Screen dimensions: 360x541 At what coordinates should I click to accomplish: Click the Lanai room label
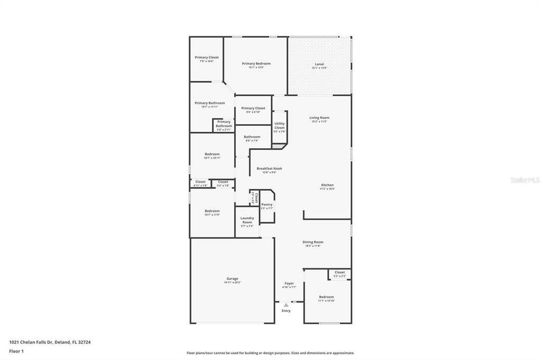click(319, 64)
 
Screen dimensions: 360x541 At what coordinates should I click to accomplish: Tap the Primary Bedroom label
click(256, 64)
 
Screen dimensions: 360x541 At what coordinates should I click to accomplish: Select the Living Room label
click(319, 118)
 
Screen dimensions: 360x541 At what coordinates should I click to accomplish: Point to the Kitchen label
click(327, 185)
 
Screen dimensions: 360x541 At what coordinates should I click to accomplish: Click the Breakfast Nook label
click(269, 169)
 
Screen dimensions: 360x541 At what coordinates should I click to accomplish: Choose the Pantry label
click(267, 205)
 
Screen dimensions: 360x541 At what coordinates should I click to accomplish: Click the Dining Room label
click(312, 242)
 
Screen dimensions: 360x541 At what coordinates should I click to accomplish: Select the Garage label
click(232, 278)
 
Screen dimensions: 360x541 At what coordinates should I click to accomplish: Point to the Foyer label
click(289, 283)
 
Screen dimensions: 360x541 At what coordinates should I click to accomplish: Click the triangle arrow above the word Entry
click(286, 305)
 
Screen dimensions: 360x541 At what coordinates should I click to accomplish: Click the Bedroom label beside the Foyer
click(326, 297)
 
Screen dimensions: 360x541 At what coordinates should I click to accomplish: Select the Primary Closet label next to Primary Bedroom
click(207, 58)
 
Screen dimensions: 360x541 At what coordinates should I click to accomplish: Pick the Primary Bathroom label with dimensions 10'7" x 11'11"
click(210, 103)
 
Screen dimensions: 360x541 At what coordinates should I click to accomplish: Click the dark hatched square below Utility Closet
click(276, 145)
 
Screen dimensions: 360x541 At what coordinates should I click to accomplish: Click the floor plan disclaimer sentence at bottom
click(270, 353)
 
